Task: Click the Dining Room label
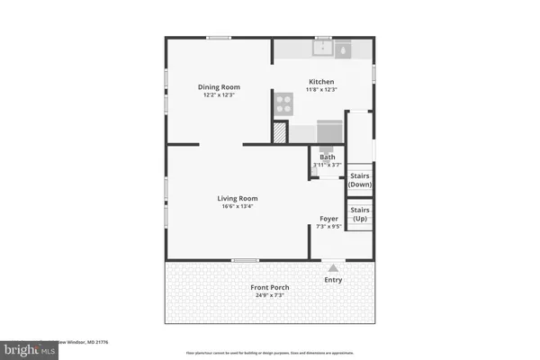click(220, 87)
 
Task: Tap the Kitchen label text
click(322, 81)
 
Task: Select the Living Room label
click(238, 198)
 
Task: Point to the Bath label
click(326, 157)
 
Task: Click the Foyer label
click(328, 219)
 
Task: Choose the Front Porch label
click(269, 287)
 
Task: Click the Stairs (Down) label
click(360, 180)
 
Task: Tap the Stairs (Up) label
click(360, 214)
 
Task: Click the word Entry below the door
click(333, 280)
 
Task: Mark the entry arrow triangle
click(333, 267)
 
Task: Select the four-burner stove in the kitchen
click(285, 105)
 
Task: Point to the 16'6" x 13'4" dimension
click(238, 206)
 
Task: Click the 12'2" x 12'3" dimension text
click(220, 95)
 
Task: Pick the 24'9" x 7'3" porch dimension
click(269, 295)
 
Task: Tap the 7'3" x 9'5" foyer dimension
click(328, 227)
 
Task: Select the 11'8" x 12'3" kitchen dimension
click(322, 89)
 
